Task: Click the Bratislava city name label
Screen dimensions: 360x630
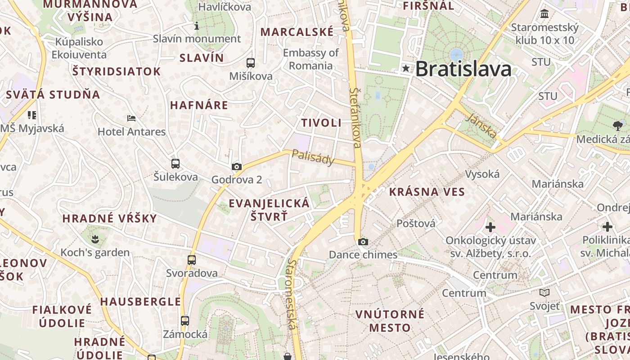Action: (463, 69)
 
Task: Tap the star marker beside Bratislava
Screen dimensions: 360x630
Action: (406, 68)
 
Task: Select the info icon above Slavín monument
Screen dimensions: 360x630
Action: (196, 26)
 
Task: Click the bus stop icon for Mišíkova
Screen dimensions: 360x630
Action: (251, 63)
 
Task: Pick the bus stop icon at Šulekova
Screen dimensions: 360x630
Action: (175, 164)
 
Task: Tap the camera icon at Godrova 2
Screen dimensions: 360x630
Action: (237, 167)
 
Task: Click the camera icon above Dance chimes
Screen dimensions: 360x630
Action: (363, 242)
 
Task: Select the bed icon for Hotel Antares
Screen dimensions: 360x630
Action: (131, 118)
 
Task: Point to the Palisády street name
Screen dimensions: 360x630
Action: (313, 157)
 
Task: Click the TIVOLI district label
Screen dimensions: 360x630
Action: (321, 123)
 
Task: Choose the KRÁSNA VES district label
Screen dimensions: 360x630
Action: (427, 192)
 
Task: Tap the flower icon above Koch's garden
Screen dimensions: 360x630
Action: (95, 238)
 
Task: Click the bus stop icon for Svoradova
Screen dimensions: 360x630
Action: (192, 260)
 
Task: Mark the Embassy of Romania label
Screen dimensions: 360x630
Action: (310, 59)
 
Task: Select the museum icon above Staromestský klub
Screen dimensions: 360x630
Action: (545, 14)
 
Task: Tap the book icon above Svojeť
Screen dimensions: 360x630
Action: (544, 293)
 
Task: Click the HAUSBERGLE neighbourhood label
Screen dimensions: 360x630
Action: (140, 301)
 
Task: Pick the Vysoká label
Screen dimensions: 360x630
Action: (482, 174)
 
